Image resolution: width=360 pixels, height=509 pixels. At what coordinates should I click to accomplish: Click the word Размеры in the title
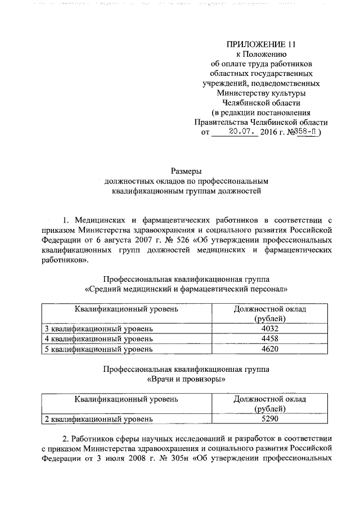coord(186,171)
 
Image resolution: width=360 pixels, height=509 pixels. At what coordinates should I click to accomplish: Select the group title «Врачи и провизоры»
coord(186,379)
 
